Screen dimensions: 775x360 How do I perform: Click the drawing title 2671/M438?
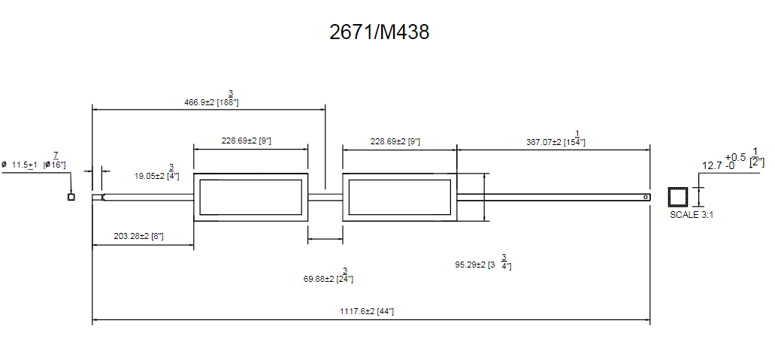point(379,32)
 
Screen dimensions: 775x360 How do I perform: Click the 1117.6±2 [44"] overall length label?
point(367,312)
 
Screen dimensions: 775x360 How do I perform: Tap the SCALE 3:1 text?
point(692,215)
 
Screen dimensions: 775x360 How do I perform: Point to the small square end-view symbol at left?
point(71,198)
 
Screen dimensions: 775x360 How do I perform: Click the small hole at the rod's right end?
point(646,198)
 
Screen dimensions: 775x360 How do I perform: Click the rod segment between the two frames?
point(325,198)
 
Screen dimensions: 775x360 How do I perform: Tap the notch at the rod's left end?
point(103,198)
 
